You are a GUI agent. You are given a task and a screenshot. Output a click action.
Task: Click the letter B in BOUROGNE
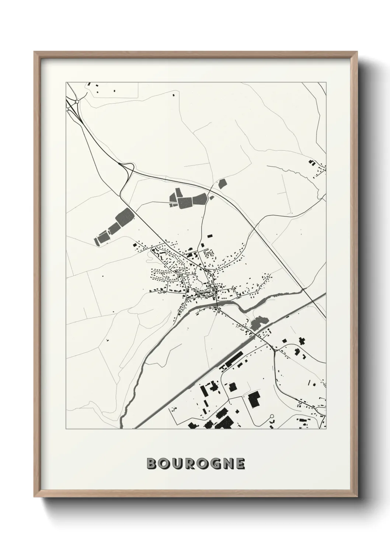click(x=152, y=464)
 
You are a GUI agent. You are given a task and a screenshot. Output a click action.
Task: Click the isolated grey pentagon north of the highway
click(x=222, y=183)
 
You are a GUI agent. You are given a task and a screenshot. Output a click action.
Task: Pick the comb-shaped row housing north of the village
click(x=209, y=253)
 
